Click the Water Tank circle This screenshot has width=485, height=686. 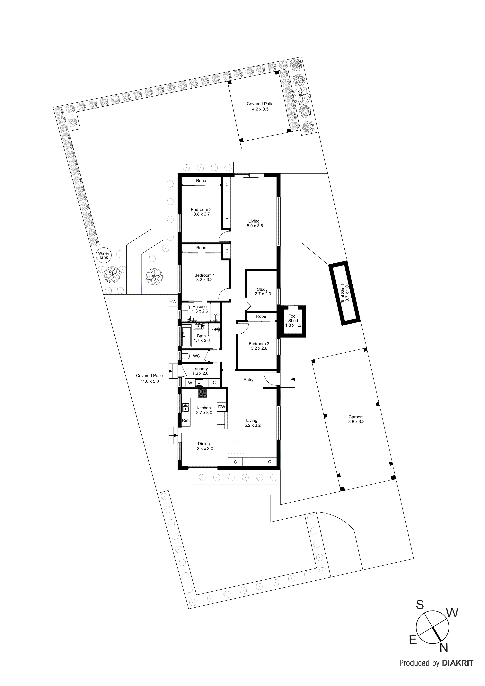click(103, 255)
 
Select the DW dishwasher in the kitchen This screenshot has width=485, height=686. click(221, 407)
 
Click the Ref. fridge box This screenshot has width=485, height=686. click(186, 420)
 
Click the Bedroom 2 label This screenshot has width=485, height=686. click(201, 212)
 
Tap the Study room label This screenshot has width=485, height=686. click(262, 292)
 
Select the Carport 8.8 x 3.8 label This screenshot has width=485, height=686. click(356, 419)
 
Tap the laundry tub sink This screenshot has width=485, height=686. click(199, 383)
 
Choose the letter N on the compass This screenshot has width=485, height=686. click(444, 656)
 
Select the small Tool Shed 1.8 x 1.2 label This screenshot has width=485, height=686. click(293, 321)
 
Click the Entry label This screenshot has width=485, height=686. click(248, 380)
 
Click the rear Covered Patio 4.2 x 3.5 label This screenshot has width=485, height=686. click(260, 106)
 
